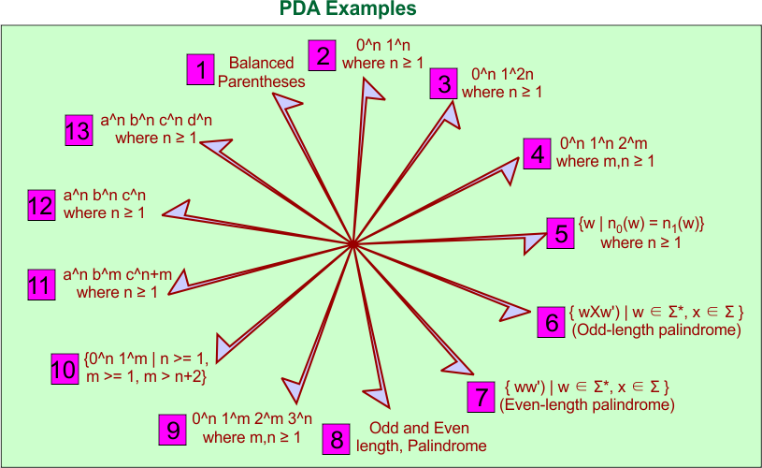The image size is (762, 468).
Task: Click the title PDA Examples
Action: tap(348, 10)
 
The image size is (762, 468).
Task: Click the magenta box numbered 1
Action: tap(200, 70)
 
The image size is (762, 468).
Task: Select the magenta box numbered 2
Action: tap(323, 55)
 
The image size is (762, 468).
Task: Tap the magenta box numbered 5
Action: tap(561, 232)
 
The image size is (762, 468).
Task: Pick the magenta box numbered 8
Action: tap(338, 438)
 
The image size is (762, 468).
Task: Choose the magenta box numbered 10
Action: tap(64, 369)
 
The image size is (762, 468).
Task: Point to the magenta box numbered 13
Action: tap(79, 129)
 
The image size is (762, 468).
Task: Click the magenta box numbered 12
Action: tap(40, 205)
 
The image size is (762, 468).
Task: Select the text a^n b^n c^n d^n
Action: tap(156, 121)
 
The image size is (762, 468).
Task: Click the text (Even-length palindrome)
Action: tap(587, 405)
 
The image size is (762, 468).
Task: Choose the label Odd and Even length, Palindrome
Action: tap(422, 437)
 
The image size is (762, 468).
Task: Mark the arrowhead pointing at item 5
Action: tap(532, 241)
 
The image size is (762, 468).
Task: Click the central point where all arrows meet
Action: tap(353, 244)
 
